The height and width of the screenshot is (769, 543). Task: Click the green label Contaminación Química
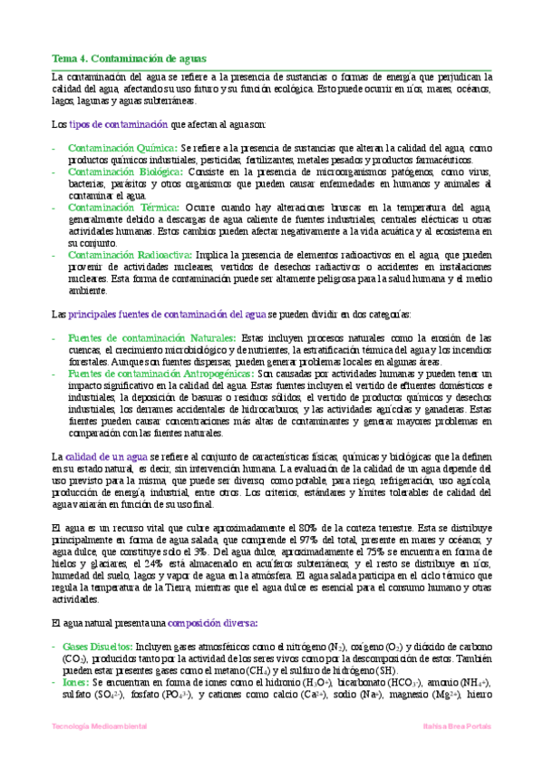tap(122, 147)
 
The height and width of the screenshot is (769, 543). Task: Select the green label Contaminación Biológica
tap(124, 171)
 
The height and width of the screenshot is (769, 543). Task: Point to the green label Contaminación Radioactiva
tap(128, 256)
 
